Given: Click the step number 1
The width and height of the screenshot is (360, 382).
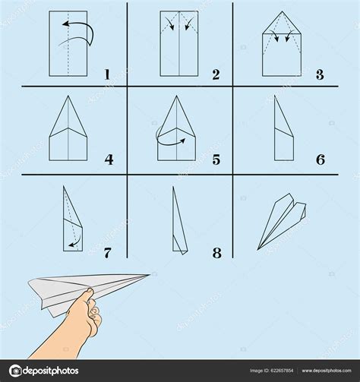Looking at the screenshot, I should point(108,74).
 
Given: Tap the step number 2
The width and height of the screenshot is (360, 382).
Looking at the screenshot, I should point(216,74).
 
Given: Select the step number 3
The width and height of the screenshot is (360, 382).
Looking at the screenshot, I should point(321,74).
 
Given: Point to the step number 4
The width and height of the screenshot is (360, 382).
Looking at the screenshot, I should point(109,159).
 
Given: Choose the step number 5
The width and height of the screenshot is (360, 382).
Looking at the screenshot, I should point(216,159).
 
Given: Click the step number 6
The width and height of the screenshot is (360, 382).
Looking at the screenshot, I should point(321,159).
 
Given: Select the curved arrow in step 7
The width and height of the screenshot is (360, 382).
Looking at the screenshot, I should point(72,243).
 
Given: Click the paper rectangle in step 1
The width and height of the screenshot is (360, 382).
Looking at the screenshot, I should point(69,46).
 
